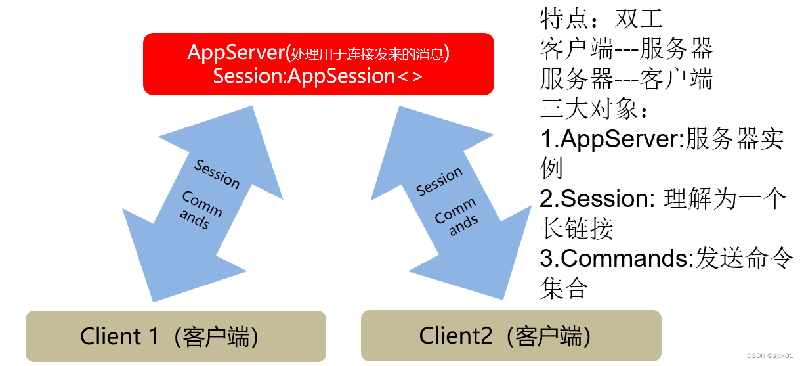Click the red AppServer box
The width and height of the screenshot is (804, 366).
pos(318,64)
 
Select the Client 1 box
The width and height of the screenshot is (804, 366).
pos(176,336)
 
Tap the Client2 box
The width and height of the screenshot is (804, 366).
pos(511,336)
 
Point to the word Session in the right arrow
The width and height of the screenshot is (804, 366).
pos(440,181)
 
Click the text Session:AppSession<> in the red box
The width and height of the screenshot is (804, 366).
pos(318,76)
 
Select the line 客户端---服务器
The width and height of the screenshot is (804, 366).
pos(626,49)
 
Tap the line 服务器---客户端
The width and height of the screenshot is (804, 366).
pos(626,80)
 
